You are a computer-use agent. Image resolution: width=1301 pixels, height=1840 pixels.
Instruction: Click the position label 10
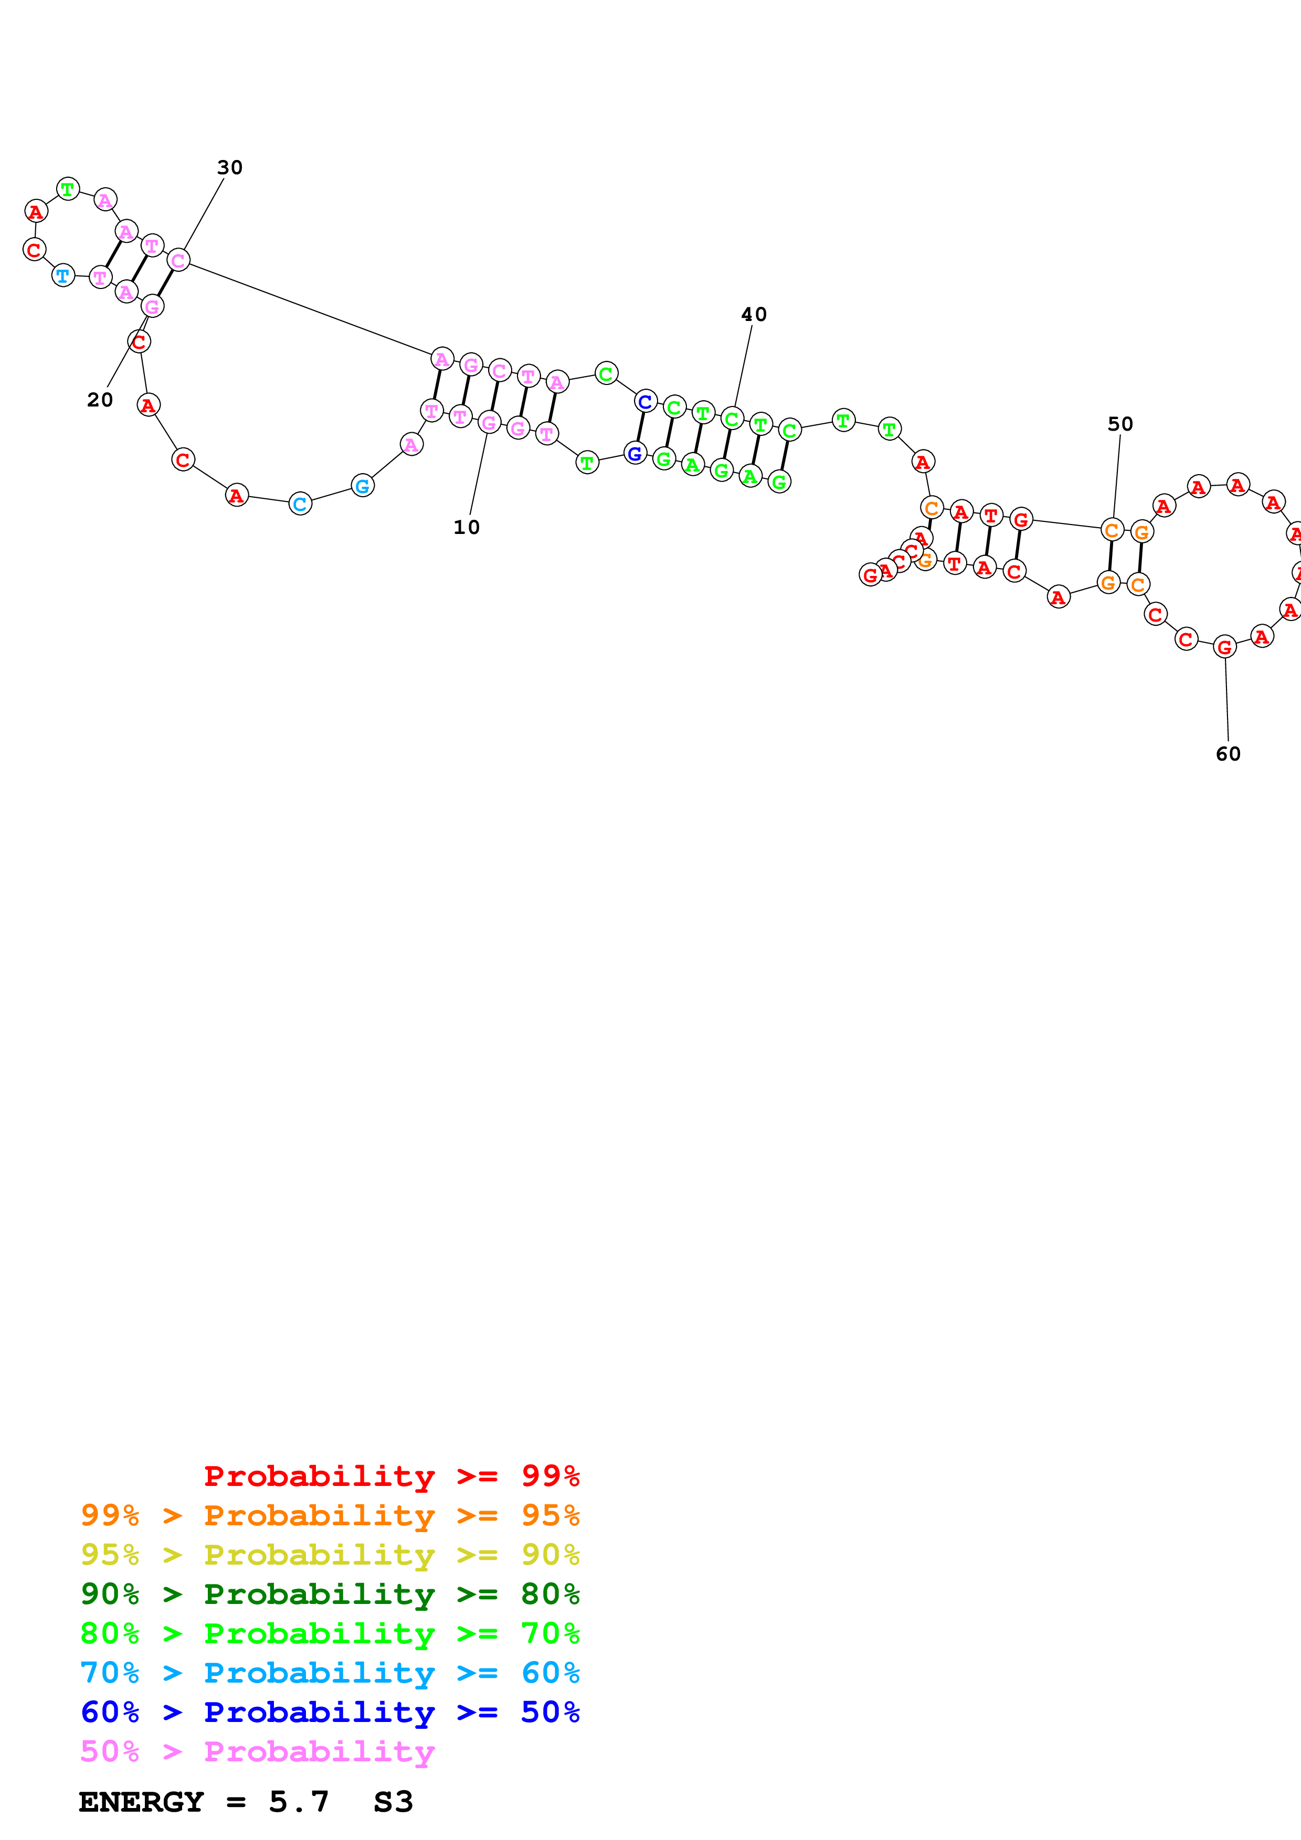467,527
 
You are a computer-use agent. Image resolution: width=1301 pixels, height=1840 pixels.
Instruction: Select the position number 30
230,167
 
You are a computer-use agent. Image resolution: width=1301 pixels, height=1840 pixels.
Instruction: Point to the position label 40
754,314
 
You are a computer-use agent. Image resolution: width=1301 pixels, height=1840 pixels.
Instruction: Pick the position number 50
1120,424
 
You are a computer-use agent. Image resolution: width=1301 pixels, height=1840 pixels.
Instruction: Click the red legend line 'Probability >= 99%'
391,1476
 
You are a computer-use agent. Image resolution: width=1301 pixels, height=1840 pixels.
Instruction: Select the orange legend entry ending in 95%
330,1515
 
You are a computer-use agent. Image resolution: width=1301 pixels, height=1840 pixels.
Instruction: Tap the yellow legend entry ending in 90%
330,1555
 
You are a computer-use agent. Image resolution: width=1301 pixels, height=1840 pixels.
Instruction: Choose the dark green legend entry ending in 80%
330,1594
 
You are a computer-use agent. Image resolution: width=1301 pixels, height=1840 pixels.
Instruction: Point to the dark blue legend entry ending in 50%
330,1712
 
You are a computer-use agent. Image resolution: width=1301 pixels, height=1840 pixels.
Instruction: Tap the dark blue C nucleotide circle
646,401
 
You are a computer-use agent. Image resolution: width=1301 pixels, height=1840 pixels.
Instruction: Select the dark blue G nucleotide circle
635,454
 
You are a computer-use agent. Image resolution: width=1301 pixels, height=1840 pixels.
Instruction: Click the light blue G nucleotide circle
362,486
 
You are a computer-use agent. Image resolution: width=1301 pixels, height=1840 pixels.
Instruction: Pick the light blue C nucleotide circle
300,504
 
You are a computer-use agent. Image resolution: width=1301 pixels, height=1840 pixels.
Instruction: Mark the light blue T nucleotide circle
62,276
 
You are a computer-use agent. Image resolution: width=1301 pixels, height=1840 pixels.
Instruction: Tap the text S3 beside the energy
393,1802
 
